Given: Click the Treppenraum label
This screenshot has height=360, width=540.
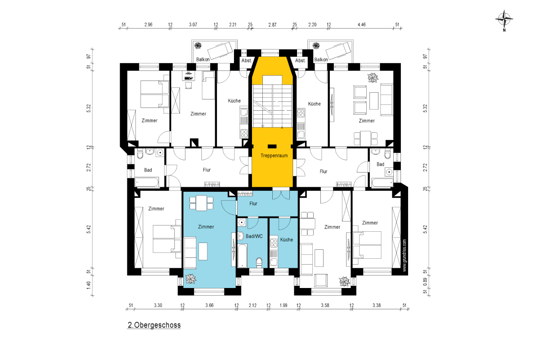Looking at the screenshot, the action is point(274,156).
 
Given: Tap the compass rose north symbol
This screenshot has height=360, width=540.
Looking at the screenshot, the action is point(504,19).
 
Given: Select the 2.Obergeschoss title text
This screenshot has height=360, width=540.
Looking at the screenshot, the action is point(154,325).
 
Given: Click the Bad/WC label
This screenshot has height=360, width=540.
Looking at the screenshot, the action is point(254,236).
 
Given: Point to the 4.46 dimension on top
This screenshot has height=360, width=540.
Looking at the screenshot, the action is point(361,25).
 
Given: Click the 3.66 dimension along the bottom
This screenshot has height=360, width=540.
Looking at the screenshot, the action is point(209,305).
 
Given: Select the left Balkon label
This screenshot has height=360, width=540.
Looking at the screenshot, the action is point(203,59).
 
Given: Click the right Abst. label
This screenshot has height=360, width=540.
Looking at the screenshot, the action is point(300,60).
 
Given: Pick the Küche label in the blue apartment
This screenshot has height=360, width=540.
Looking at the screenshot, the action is point(286,240).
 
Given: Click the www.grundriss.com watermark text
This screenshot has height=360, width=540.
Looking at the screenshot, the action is point(404,255).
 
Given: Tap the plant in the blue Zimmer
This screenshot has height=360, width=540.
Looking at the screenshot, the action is point(191,279).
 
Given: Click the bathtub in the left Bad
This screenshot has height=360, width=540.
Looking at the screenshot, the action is point(147,182).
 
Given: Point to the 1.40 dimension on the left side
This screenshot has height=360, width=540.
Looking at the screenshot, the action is point(89,285).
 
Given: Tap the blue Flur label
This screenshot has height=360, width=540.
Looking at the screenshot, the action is point(253,204).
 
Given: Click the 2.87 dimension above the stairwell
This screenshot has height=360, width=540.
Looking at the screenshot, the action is point(272,25).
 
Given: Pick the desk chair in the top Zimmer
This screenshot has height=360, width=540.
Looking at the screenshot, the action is point(189,85).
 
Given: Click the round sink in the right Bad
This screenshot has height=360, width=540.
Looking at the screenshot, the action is point(389,172).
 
